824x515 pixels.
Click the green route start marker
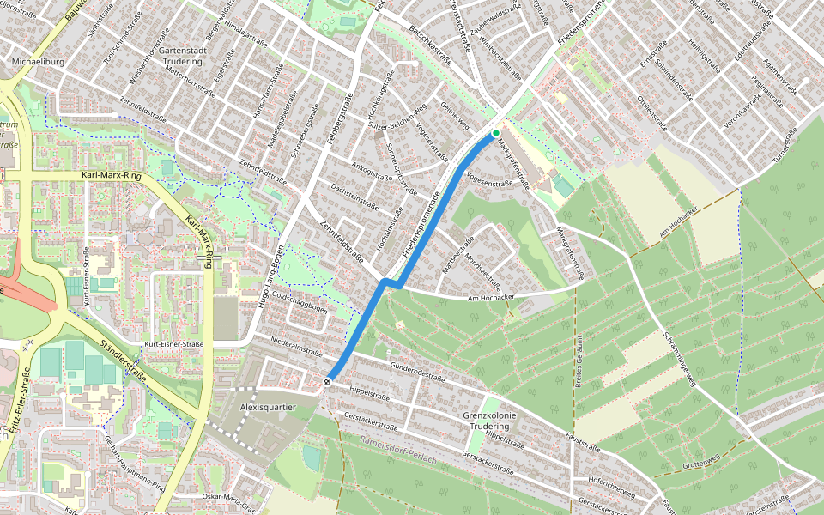(495, 133)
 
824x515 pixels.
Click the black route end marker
(328, 381)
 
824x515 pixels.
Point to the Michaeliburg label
(34, 63)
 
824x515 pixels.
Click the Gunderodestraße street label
(418, 372)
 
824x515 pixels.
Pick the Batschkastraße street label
(430, 45)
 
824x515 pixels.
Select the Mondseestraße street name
(482, 271)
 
